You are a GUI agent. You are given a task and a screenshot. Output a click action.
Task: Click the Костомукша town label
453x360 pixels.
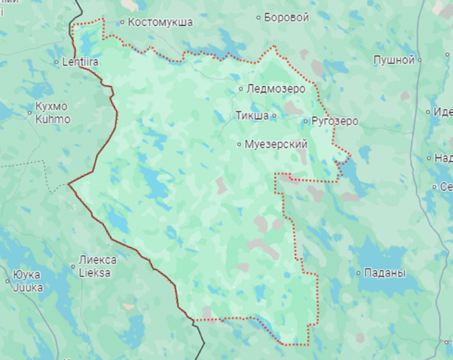[x=160, y=23]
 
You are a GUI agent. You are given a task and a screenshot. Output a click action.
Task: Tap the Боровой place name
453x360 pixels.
[x=287, y=18]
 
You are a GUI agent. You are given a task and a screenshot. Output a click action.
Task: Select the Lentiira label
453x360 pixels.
[x=80, y=62]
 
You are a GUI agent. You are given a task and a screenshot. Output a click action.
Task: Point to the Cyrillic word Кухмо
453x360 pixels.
[x=51, y=106]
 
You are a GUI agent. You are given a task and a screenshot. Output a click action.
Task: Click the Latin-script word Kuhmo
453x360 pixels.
[x=53, y=119]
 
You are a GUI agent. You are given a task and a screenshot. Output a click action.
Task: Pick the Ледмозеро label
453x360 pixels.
[x=276, y=89]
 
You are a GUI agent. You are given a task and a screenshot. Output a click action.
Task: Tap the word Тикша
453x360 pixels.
[x=252, y=115]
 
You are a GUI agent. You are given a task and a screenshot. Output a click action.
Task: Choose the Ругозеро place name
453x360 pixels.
[x=335, y=121]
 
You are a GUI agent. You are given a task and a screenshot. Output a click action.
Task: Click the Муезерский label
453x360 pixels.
[x=276, y=144]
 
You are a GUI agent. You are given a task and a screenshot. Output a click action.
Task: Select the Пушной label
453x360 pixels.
[x=394, y=59]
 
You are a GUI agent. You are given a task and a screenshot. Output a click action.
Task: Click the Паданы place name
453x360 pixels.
[x=385, y=273]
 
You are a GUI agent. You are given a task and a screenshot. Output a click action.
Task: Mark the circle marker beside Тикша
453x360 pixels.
[x=274, y=115]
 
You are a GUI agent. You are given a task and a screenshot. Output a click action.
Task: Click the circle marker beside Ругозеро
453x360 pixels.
[x=306, y=121]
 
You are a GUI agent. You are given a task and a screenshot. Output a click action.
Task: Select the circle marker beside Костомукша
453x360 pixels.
[x=122, y=23]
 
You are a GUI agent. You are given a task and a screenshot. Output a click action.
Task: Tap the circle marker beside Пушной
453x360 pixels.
[x=420, y=59]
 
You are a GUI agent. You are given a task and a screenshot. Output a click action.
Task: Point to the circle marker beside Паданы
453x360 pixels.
[x=358, y=273]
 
